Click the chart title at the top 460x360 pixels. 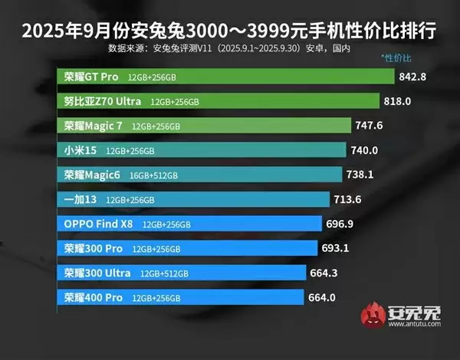(x=229, y=32)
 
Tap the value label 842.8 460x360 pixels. (x=414, y=77)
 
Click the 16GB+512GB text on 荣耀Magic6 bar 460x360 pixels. (x=154, y=175)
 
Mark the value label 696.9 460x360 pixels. (x=341, y=224)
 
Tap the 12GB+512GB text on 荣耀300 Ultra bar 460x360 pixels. (x=166, y=273)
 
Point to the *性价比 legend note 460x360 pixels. (x=396, y=58)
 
